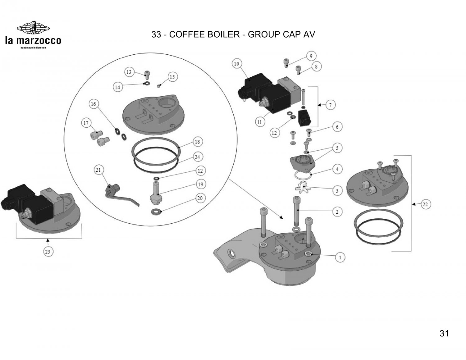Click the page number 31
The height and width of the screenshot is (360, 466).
pos(444,334)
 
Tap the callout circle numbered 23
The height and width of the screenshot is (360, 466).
pos(48,252)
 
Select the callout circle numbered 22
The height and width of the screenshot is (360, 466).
pos(425,204)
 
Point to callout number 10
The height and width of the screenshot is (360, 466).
pos(237,64)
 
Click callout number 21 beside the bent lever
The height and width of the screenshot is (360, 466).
pos(98,170)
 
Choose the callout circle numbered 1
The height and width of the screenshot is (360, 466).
pos(340,257)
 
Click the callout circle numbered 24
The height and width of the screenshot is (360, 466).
pos(197,157)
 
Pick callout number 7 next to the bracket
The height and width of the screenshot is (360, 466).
pos(330,105)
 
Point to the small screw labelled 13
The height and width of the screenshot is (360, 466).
pos(147,75)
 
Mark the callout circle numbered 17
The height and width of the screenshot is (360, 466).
pos(86,123)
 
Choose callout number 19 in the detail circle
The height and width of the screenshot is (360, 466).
pos(200,185)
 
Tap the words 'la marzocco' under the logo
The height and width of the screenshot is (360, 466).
pos(33,41)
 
